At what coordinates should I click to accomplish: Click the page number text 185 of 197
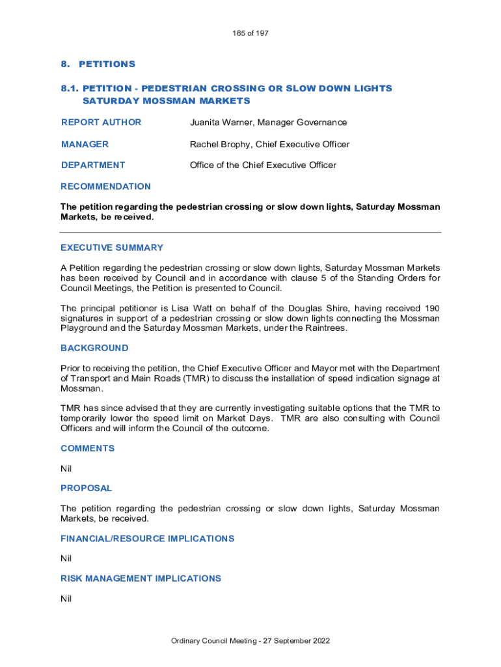point(251,33)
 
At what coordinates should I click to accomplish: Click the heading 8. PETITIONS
point(98,64)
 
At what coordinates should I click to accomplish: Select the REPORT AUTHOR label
point(101,122)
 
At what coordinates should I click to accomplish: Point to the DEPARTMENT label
point(93,165)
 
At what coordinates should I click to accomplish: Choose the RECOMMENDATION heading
point(105,186)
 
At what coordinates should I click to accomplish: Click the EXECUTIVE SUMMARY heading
point(112,248)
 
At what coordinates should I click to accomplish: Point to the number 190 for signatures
point(431,308)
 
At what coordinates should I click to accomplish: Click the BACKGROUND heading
point(94,348)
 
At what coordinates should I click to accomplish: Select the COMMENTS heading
point(87,448)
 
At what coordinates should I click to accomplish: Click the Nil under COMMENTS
point(66,468)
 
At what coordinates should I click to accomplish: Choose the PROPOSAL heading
point(86,488)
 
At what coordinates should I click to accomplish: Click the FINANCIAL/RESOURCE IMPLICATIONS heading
point(147,539)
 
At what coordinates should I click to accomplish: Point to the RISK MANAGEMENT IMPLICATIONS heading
point(141,578)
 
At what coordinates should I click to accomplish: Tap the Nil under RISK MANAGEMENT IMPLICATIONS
point(66,598)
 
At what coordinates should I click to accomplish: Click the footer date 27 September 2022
point(297,641)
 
